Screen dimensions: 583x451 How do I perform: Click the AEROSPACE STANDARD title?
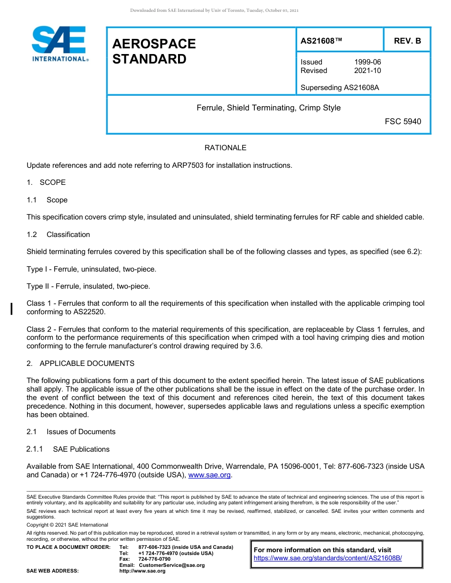(x=154, y=51)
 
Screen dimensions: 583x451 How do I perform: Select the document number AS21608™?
(x=321, y=41)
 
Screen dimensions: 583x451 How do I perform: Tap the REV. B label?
(x=407, y=41)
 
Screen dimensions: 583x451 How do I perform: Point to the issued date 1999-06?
(x=367, y=62)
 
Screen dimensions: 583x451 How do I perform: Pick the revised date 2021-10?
(x=367, y=71)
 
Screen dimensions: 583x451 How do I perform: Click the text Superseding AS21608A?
(x=339, y=87)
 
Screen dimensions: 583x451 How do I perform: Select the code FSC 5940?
(x=403, y=121)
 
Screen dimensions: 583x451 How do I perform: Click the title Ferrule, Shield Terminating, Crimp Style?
(x=268, y=108)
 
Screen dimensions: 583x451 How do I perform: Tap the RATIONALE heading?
(x=225, y=148)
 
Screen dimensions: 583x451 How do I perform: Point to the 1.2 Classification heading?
(x=58, y=235)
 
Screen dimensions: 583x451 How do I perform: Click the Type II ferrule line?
(x=88, y=286)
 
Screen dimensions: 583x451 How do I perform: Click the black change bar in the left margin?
(x=11, y=308)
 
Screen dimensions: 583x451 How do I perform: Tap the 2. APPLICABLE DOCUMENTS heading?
(x=80, y=364)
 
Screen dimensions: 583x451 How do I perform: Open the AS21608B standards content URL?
(x=328, y=558)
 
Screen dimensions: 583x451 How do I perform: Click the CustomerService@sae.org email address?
(x=171, y=565)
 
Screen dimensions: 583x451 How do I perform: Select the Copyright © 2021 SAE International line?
(x=67, y=525)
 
